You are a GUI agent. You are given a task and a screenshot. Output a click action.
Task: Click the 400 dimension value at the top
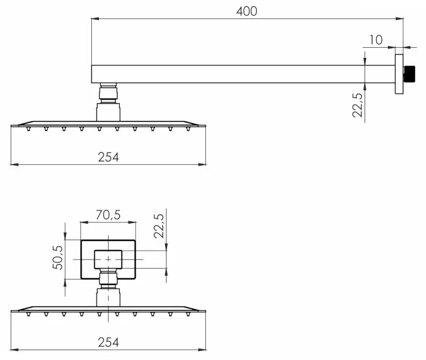(x=247, y=11)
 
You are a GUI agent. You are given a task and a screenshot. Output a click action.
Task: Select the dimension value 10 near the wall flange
(x=375, y=40)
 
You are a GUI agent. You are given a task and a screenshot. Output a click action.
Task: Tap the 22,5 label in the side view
(x=358, y=105)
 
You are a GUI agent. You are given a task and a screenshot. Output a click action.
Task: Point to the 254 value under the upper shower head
(x=108, y=157)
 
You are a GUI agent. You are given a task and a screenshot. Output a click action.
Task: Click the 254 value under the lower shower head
(x=108, y=342)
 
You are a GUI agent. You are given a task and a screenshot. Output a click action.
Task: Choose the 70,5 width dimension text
(x=108, y=215)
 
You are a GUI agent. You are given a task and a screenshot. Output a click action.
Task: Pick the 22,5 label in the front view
(x=159, y=226)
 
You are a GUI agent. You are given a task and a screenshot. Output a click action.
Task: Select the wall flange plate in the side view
(x=399, y=74)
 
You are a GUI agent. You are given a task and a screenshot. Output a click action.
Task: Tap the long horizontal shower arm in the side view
(x=241, y=74)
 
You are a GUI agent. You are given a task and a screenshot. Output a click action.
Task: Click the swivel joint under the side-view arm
(x=109, y=92)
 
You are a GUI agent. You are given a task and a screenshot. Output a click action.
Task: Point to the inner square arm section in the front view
(x=108, y=259)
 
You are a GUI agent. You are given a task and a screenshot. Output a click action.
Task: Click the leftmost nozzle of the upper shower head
(x=28, y=129)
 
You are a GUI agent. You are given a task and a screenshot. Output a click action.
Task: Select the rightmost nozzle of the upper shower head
(x=188, y=129)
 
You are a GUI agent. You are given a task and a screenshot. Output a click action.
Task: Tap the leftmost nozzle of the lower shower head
(x=28, y=314)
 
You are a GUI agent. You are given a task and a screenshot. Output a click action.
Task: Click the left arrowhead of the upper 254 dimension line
(x=14, y=164)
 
